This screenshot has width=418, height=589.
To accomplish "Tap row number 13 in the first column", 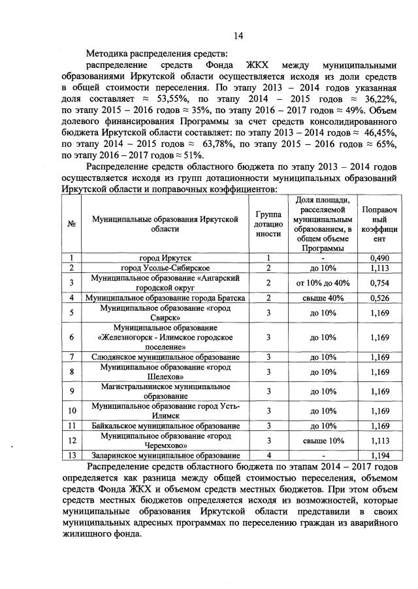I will [71, 455].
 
